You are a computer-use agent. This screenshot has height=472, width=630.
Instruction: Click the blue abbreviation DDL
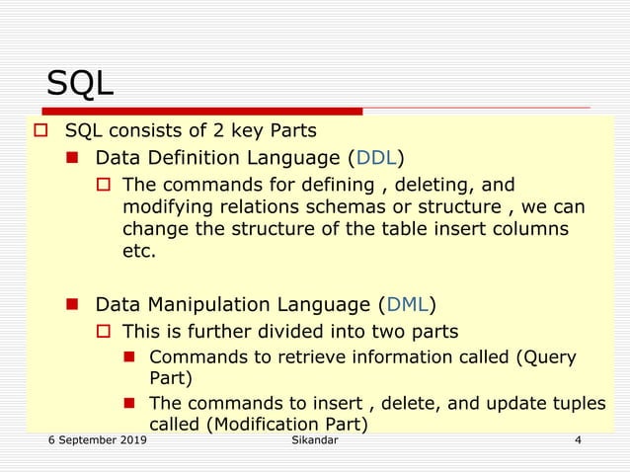375,157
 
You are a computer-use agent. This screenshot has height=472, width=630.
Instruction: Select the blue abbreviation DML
407,303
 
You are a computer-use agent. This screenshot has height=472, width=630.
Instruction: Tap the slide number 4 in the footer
578,439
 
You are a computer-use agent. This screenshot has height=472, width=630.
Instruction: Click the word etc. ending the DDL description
139,251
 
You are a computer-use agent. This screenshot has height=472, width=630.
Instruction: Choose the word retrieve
293,356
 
